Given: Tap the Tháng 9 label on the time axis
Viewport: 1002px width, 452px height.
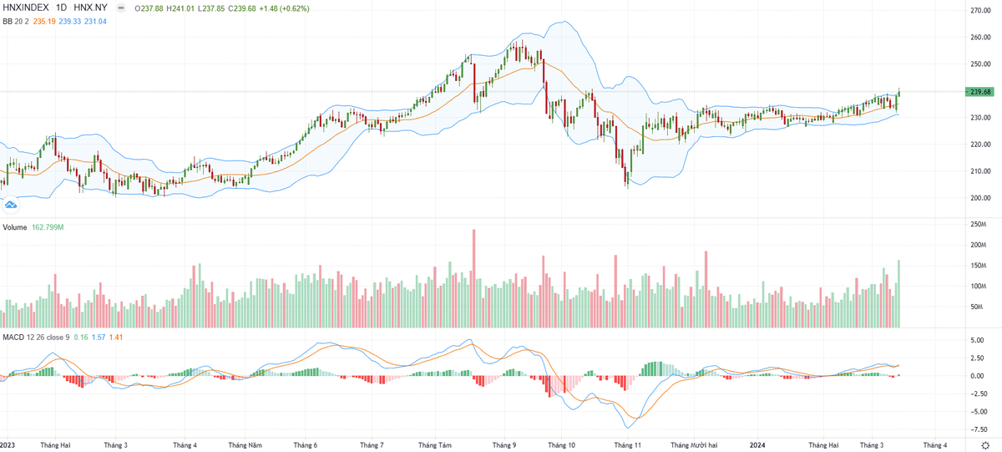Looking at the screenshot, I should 504,445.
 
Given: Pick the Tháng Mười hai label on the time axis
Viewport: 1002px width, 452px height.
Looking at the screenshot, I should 694,445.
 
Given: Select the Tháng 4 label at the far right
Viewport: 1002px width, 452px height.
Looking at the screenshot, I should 934,445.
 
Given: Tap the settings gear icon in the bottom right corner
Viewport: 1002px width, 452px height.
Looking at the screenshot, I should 984,445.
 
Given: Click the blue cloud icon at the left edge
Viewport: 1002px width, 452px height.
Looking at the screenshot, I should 11,204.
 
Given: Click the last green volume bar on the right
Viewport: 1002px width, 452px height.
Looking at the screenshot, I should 898,292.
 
